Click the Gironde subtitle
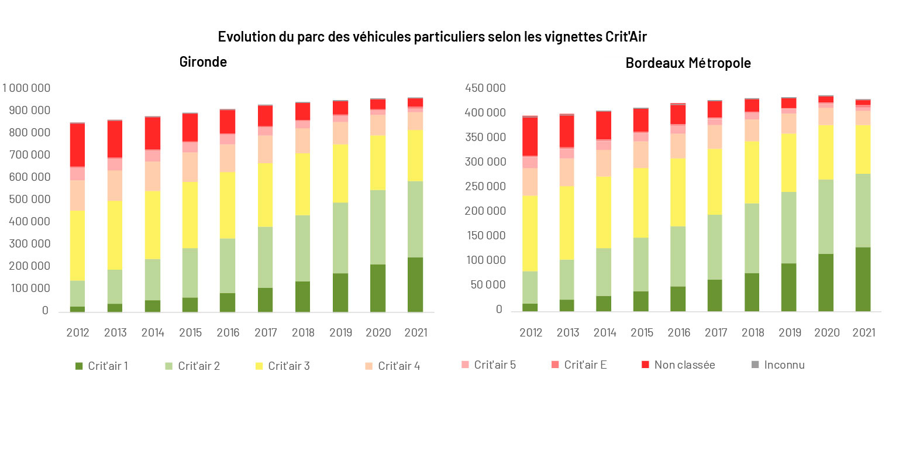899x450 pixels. coord(203,61)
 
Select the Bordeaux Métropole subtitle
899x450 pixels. coord(688,63)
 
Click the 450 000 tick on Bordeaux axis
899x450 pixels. coord(485,88)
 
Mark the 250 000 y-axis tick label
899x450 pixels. coord(485,187)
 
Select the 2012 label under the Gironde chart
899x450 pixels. coord(77,333)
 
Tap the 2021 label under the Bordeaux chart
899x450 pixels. coord(863,333)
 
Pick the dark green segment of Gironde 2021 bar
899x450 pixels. coord(415,284)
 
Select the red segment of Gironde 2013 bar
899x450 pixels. coord(115,139)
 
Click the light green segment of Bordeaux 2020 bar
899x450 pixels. coord(826,217)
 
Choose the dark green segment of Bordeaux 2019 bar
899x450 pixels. coord(788,287)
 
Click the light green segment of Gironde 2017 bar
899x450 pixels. coord(265,257)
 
